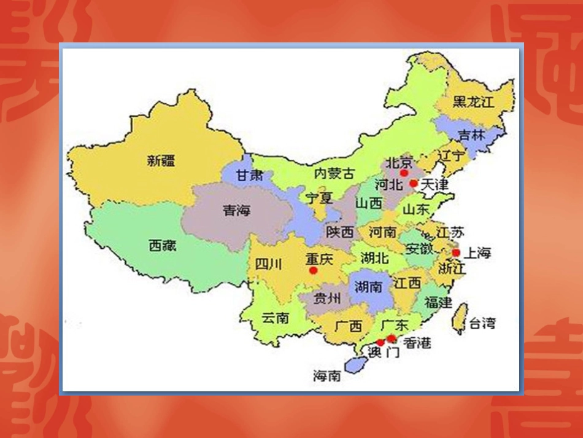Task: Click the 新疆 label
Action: pyautogui.click(x=161, y=161)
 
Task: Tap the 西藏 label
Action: pyautogui.click(x=163, y=246)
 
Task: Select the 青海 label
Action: pyautogui.click(x=237, y=211)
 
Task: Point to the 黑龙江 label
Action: pyautogui.click(x=473, y=103)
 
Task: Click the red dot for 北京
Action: pyautogui.click(x=403, y=174)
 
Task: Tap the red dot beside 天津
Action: pyautogui.click(x=414, y=183)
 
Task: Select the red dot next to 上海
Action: pyautogui.click(x=456, y=252)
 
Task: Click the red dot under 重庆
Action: pyautogui.click(x=314, y=270)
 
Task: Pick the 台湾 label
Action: pyautogui.click(x=482, y=323)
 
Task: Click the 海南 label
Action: pyautogui.click(x=327, y=376)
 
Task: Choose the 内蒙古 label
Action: pyautogui.click(x=334, y=174)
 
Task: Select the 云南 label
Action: pyautogui.click(x=275, y=318)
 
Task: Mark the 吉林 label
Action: pyautogui.click(x=472, y=135)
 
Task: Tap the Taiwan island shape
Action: pyautogui.click(x=458, y=318)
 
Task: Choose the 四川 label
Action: pyautogui.click(x=269, y=265)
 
